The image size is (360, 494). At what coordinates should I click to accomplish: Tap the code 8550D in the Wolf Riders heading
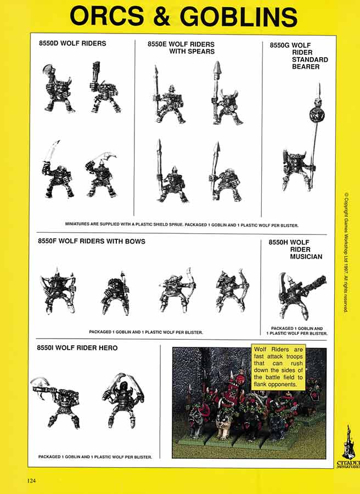50,43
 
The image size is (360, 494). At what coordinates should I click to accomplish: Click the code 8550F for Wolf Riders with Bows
50,241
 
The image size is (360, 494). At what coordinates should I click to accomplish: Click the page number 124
31,481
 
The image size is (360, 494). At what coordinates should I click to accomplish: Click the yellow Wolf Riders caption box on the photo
278,367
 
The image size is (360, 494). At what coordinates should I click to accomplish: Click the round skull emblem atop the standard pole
317,116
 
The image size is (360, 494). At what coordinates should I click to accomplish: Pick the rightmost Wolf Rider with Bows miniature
232,290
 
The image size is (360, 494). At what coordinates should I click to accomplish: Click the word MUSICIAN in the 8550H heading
307,256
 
